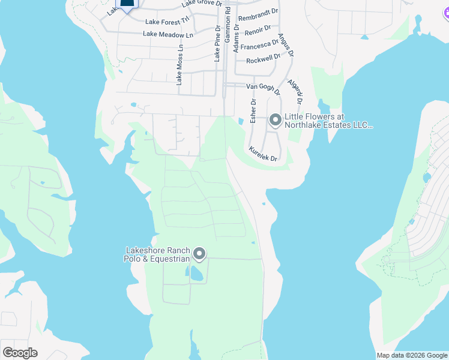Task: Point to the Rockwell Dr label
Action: (263, 59)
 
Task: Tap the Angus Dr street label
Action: (286, 44)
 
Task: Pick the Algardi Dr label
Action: (295, 91)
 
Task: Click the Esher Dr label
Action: (253, 110)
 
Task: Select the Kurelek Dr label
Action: (264, 154)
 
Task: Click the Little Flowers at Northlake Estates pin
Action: (275, 121)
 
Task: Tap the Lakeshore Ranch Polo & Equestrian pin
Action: (199, 255)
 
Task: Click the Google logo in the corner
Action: (20, 353)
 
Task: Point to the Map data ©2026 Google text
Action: (411, 355)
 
